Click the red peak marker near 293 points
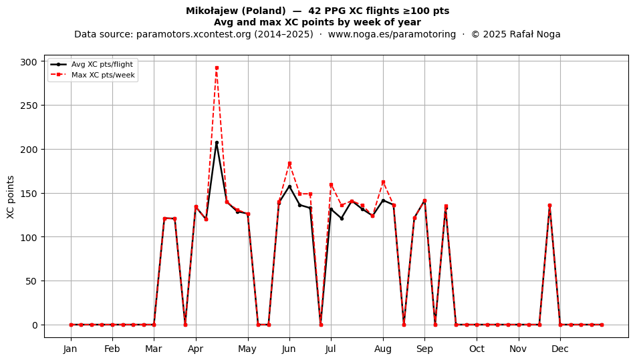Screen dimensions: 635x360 pyautogui.click(x=217, y=68)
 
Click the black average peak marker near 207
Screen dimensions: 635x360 pyautogui.click(x=217, y=143)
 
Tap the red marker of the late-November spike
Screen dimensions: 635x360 pyautogui.click(x=549, y=206)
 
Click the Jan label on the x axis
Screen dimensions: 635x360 pyautogui.click(x=70, y=349)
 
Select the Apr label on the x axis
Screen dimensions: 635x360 pyautogui.click(x=196, y=349)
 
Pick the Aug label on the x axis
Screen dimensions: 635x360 pyautogui.click(x=383, y=349)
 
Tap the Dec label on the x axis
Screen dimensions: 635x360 pyautogui.click(x=560, y=349)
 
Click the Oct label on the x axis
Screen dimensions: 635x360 pyautogui.click(x=477, y=349)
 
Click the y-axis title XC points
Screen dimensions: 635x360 pyautogui.click(x=11, y=197)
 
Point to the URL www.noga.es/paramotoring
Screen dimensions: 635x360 pyautogui.click(x=392, y=34)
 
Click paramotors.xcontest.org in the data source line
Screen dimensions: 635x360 pyautogui.click(x=194, y=34)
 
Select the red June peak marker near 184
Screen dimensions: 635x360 pyautogui.click(x=289, y=164)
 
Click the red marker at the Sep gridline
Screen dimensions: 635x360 pyautogui.click(x=424, y=201)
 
